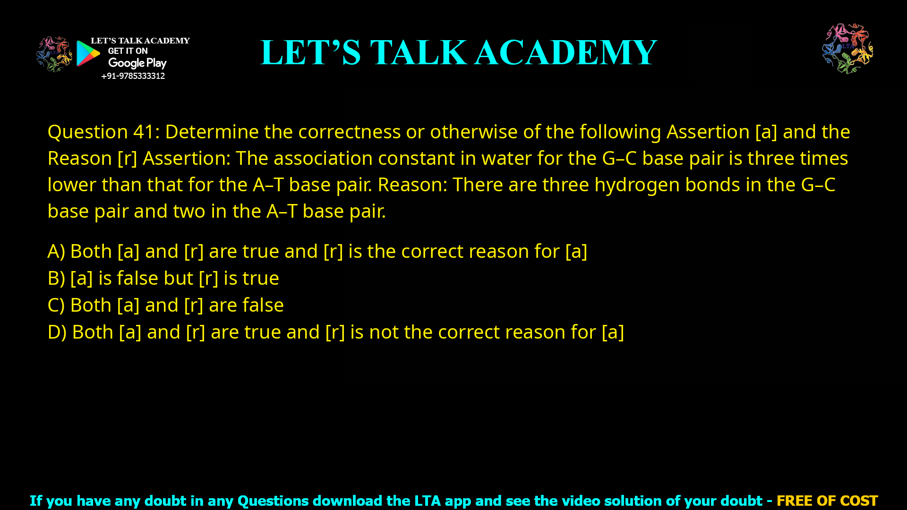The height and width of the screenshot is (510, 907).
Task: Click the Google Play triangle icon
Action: pos(87,53)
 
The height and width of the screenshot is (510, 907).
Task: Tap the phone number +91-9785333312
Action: pos(133,76)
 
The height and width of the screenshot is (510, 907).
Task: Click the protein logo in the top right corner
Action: pos(847,49)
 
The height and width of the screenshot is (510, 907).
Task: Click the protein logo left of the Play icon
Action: pos(54,54)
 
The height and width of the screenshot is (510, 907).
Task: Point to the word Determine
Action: pos(212,132)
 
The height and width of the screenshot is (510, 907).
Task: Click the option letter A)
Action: pos(56,251)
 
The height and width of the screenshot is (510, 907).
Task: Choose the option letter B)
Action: pos(56,278)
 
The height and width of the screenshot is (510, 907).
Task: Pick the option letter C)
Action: pos(56,305)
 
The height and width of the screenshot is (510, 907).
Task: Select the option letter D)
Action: pos(57,332)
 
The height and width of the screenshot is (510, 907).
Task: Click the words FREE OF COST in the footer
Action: pos(827,501)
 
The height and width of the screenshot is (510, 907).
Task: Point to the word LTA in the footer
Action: pos(428,501)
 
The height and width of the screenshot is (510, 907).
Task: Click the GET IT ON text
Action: pos(128,51)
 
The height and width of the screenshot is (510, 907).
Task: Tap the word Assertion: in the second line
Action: pos(187,158)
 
